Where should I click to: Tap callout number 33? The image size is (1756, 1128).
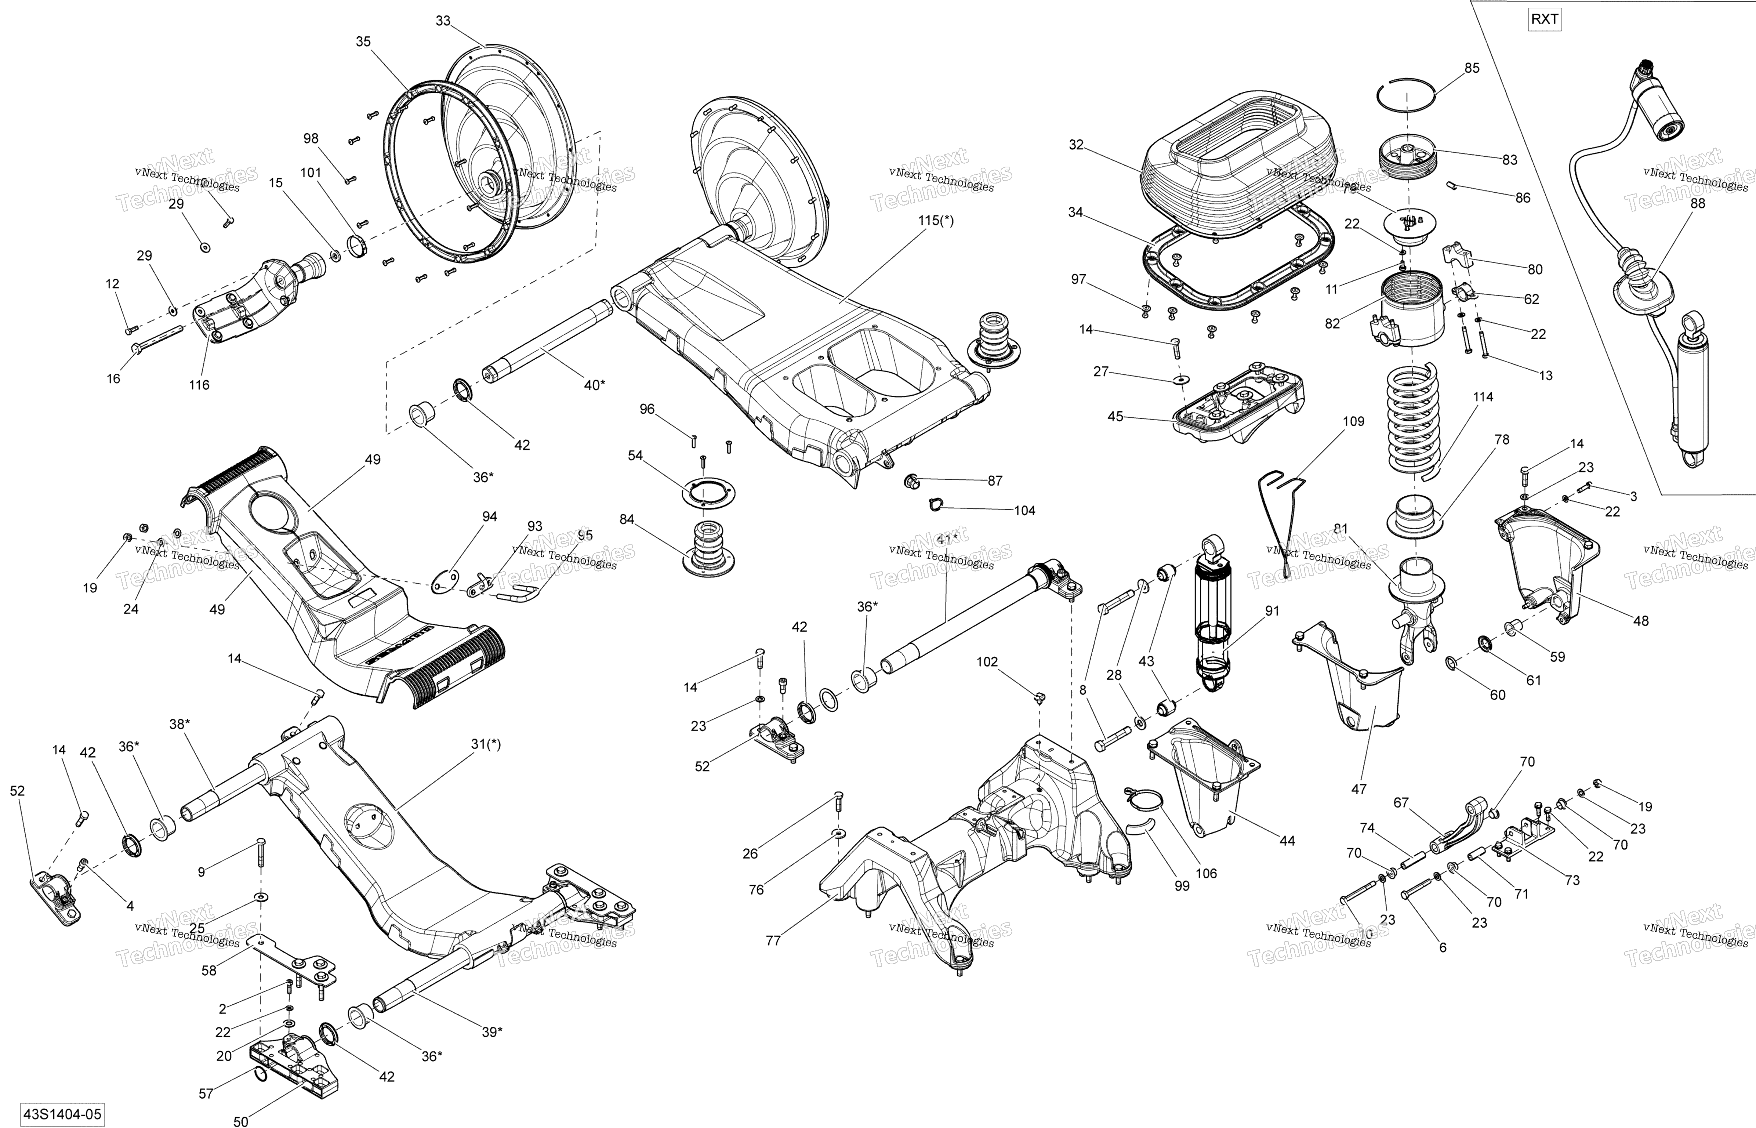coord(443,21)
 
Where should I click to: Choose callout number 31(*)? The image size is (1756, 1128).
coord(486,744)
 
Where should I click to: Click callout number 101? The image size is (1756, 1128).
coord(311,173)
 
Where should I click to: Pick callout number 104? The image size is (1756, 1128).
coord(1024,511)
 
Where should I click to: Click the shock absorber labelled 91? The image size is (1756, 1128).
coord(1213,615)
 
